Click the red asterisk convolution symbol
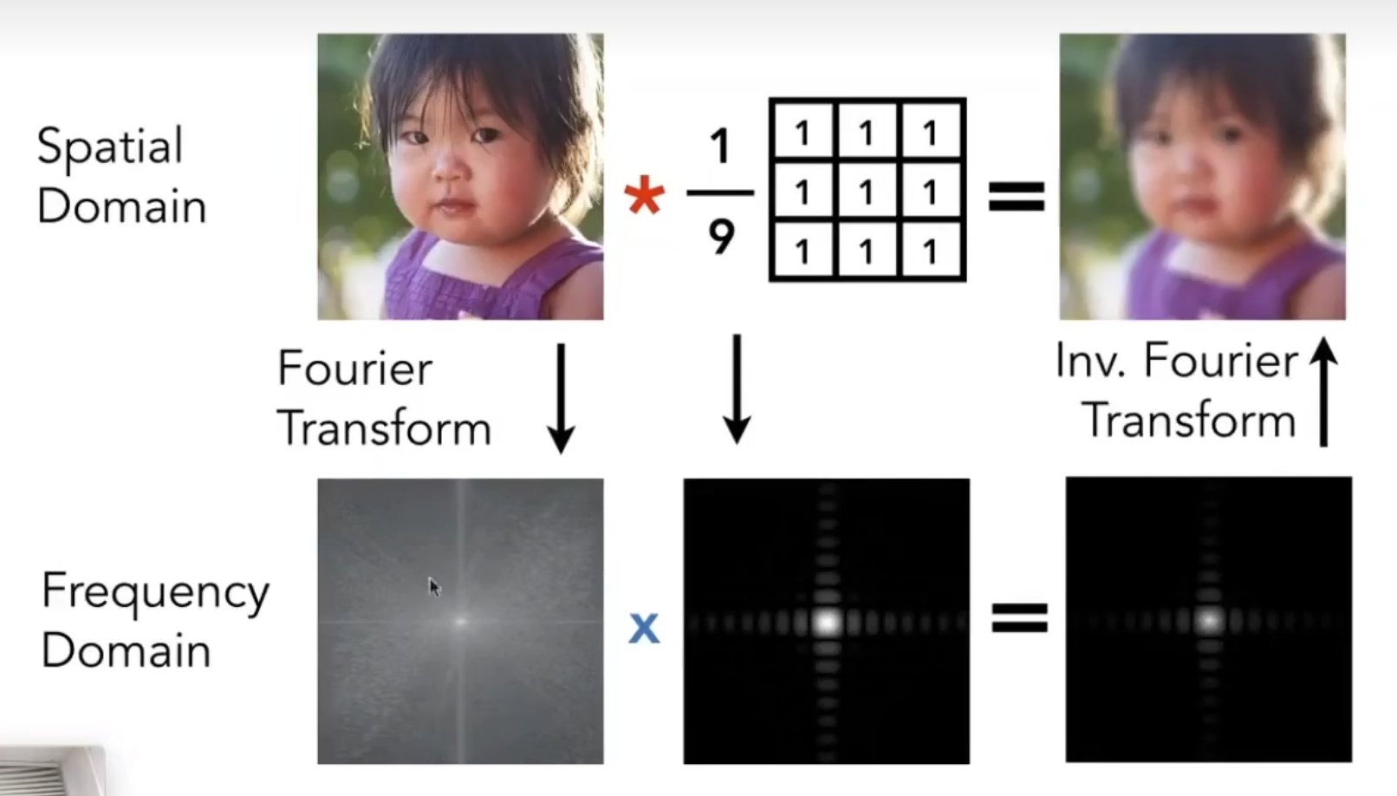(x=644, y=194)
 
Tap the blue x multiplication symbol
(x=644, y=628)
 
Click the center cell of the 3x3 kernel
(x=867, y=191)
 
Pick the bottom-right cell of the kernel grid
(x=931, y=251)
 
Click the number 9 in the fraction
(x=722, y=237)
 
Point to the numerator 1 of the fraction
(x=720, y=146)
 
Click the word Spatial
(x=110, y=147)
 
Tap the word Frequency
(x=155, y=592)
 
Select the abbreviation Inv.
(x=1091, y=361)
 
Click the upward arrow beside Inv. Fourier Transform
(x=1323, y=392)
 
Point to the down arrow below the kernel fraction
(x=737, y=389)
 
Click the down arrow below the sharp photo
(x=561, y=398)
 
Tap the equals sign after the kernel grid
(x=1017, y=197)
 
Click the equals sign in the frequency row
(x=1020, y=618)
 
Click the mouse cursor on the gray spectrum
(x=434, y=587)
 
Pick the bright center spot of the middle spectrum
(x=827, y=622)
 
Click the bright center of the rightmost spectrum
(x=1209, y=621)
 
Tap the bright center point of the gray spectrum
(x=461, y=622)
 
